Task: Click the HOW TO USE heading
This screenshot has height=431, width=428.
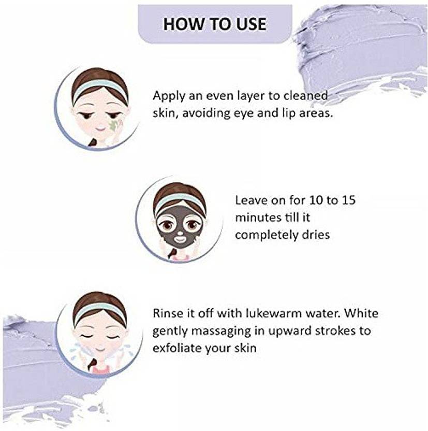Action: [214, 24]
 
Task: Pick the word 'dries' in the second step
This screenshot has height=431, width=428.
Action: [314, 234]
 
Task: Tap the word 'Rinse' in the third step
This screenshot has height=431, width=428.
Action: [168, 314]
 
